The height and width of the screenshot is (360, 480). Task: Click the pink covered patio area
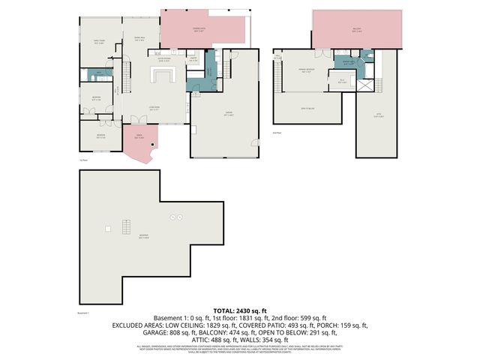(x=203, y=30)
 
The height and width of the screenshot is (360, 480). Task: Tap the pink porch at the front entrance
(x=139, y=143)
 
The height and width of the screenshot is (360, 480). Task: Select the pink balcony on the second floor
(x=358, y=31)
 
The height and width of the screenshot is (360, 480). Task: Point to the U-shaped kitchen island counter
(x=163, y=74)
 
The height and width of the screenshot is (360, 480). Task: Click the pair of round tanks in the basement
(x=178, y=217)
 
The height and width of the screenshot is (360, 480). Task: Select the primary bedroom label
(x=306, y=72)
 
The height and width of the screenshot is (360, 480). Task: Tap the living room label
(x=153, y=109)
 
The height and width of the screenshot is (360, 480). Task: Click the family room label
(x=98, y=43)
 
